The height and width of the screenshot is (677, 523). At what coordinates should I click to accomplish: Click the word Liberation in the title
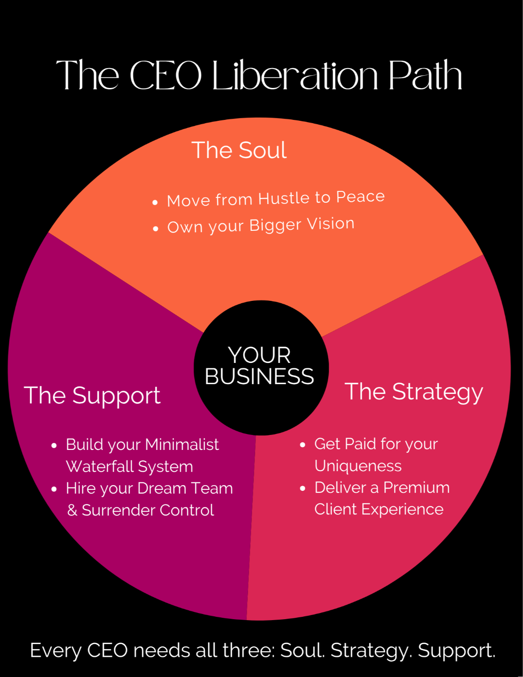coord(295,76)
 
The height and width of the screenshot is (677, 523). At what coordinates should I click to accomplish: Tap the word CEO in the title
coord(166,76)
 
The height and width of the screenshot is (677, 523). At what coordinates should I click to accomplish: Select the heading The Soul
coord(239,150)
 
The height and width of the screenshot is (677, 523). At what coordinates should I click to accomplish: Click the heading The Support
coord(92,395)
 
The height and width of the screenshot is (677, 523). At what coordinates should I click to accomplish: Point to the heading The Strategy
coord(414,392)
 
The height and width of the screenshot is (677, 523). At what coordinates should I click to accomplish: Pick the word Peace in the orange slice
coord(360,196)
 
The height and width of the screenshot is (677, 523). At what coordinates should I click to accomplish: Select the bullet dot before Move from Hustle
coord(155,203)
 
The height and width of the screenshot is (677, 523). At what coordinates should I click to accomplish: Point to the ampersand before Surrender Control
coord(72,510)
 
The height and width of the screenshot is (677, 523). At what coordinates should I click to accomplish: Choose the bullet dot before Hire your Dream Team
coord(54,489)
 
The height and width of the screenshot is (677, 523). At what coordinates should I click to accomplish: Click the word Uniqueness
coord(358,466)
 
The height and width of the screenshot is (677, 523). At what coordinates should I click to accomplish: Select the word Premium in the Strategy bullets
coord(416,488)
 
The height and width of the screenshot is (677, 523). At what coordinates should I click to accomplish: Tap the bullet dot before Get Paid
coord(303,444)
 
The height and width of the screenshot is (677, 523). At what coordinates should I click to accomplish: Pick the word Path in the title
coord(425,76)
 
